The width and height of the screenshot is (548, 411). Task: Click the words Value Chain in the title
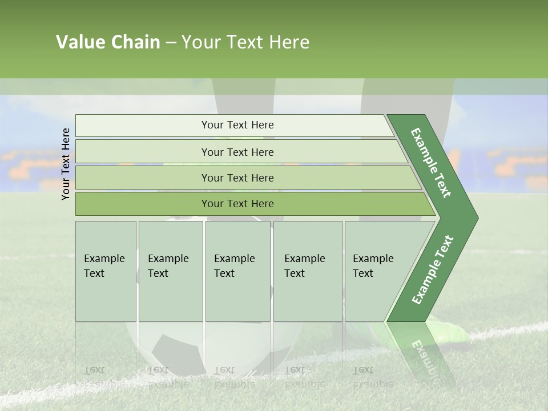point(108,42)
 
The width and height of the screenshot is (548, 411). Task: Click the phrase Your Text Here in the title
point(245,42)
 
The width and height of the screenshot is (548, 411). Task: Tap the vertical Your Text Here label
point(66,164)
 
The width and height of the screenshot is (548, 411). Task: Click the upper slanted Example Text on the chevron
point(431,163)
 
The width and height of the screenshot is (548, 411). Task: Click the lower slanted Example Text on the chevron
point(432,270)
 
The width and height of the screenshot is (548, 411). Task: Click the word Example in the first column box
point(104,259)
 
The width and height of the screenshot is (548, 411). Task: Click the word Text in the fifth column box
point(362,273)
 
